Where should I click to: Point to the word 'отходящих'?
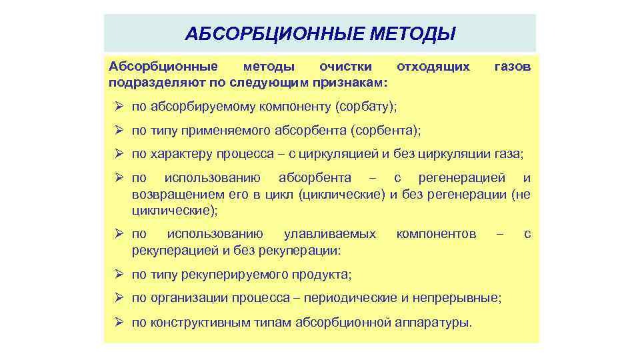[x=433, y=67]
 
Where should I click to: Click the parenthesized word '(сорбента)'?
[x=386, y=131]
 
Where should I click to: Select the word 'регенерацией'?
[x=464, y=179]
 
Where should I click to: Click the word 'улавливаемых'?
[x=329, y=235]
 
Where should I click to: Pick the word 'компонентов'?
[x=436, y=235]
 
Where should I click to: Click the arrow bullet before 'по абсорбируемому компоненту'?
[x=120, y=107]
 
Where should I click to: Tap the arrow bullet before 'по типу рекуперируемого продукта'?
[x=120, y=274]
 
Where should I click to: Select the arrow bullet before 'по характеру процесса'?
[x=120, y=155]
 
